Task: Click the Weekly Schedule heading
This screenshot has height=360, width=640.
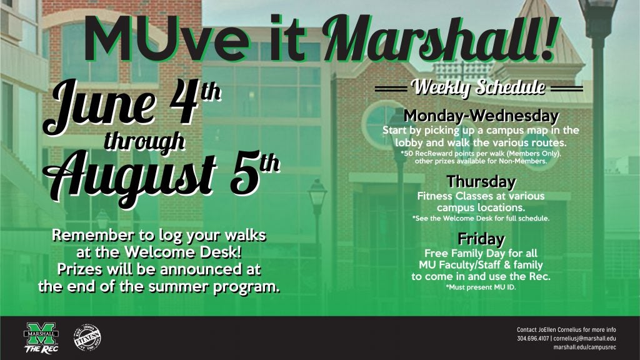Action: click(478, 87)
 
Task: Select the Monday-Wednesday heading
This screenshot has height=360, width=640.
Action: click(481, 116)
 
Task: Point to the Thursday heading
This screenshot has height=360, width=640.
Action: click(481, 181)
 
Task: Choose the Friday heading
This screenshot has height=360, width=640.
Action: click(481, 238)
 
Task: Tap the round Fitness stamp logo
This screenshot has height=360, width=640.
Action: click(87, 337)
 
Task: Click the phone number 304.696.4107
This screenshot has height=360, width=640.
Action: click(533, 338)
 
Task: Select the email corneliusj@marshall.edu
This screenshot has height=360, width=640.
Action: click(584, 338)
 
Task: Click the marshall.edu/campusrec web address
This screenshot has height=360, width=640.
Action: click(584, 347)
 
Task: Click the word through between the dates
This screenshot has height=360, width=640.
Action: click(144, 142)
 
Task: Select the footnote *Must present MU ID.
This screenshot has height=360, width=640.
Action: click(481, 287)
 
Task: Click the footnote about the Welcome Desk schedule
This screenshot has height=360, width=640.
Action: click(481, 218)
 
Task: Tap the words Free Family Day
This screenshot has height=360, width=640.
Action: click(465, 254)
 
